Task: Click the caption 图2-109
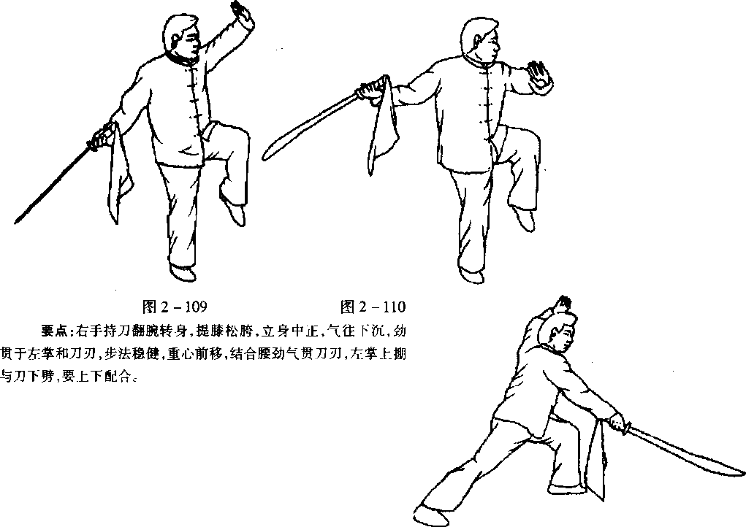(175, 307)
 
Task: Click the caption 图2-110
(373, 307)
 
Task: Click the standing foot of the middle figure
(472, 276)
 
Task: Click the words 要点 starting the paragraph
(54, 331)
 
